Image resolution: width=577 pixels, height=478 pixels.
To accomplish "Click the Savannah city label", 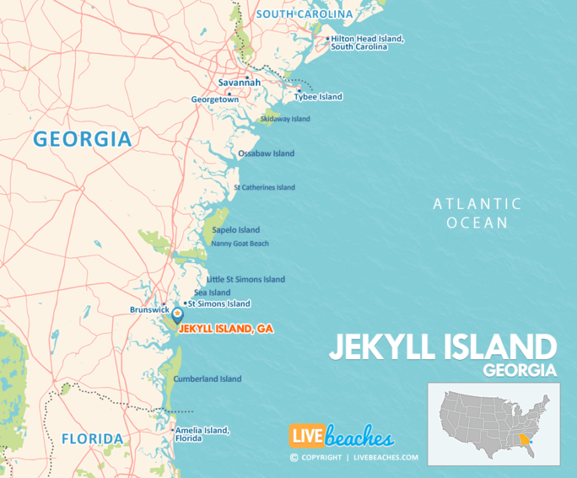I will point(239,82).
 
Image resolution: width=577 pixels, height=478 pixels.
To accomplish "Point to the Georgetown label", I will point(215,99).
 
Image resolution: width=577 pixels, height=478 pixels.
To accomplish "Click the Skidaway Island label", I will point(285,119).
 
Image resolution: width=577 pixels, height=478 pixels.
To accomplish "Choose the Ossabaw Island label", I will point(266,153).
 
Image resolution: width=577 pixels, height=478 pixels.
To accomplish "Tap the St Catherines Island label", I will point(264,187).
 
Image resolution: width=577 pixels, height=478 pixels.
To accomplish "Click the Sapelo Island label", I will point(236,230).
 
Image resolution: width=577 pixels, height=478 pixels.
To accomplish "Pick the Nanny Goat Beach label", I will point(240,244).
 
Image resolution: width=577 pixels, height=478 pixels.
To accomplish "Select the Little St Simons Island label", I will point(246,280).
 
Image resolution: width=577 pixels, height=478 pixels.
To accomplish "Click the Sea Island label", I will point(212,292).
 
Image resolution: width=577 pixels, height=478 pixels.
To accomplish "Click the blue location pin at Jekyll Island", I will point(178,315).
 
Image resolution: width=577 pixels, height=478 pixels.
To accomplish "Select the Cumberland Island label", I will point(207,379).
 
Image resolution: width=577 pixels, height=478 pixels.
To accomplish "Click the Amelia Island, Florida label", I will point(202,434).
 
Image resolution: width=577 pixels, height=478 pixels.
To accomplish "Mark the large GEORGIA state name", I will point(83,139).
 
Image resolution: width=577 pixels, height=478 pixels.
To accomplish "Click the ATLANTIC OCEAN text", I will point(477,213).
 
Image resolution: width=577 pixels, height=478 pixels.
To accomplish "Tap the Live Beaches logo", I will point(342,437).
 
